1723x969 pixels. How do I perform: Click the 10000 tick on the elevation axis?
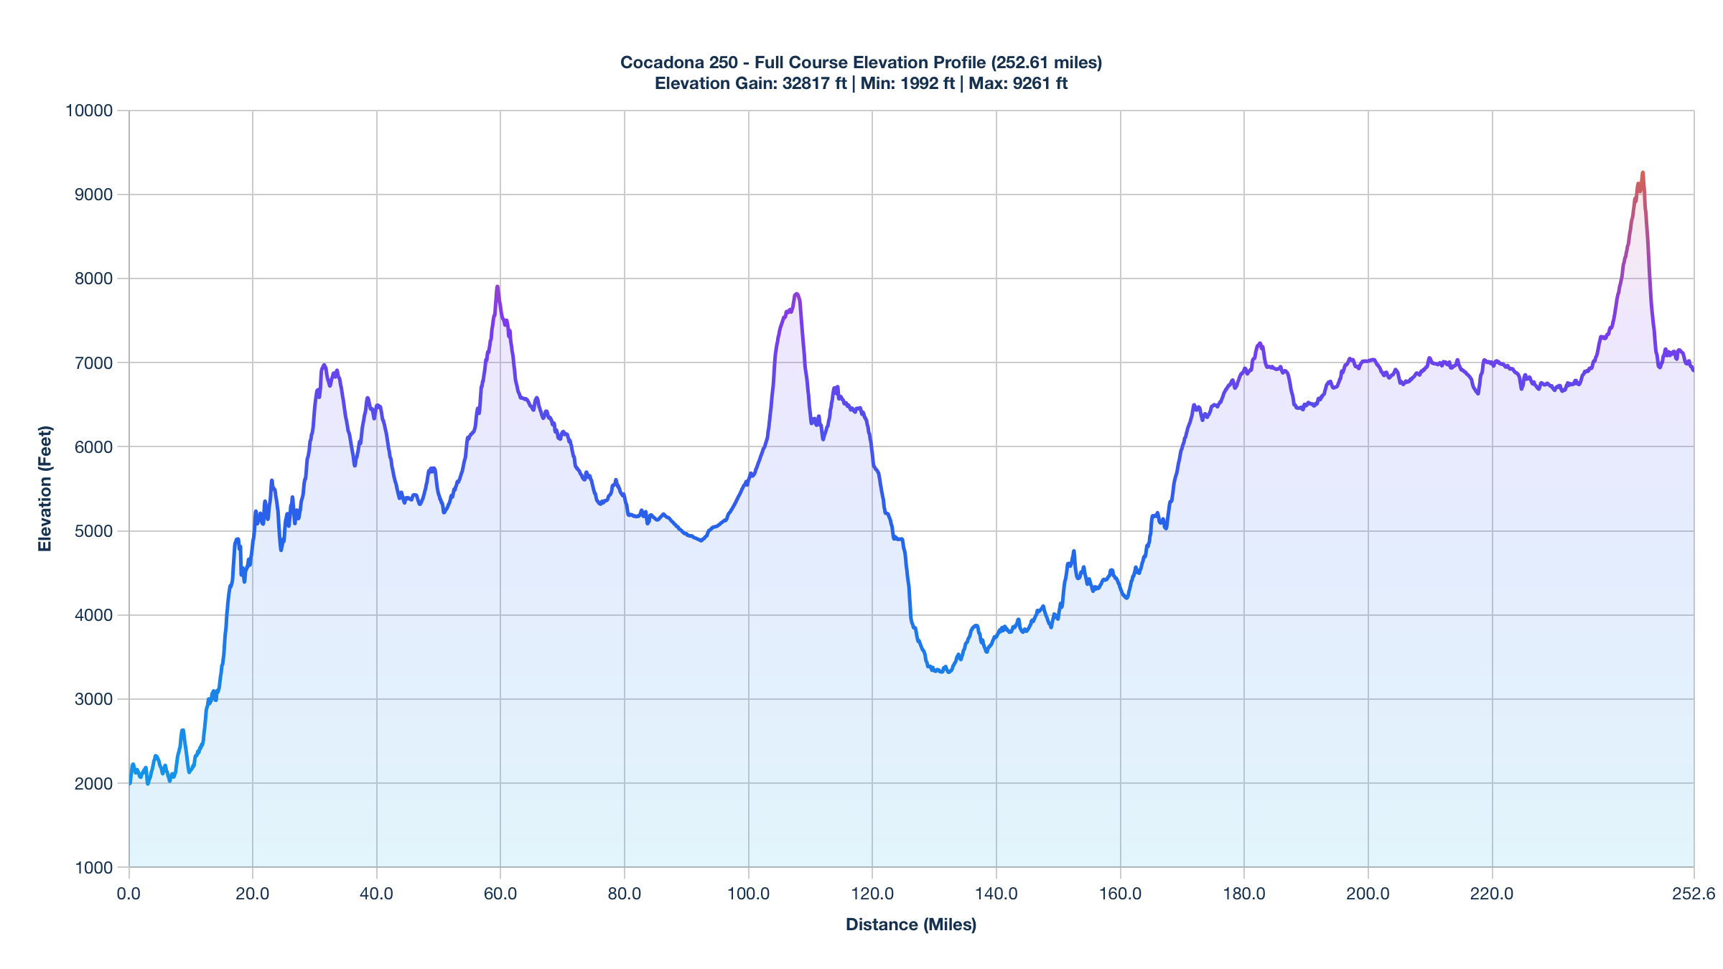tap(89, 111)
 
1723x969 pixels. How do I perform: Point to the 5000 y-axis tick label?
tap(93, 531)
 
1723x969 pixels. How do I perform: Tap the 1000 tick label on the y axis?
tap(93, 868)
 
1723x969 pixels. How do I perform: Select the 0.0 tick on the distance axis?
tap(129, 894)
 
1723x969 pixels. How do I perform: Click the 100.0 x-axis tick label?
tap(749, 894)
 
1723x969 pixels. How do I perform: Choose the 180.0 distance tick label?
tap(1244, 894)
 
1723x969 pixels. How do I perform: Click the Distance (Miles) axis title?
tap(911, 924)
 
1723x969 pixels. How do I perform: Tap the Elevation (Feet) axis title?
tap(45, 489)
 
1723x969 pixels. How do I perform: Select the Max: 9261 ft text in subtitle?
tap(1018, 83)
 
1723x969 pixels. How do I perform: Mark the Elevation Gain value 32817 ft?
tap(814, 83)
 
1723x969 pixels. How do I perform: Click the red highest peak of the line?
tap(1642, 173)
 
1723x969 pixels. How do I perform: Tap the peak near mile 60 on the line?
tap(497, 287)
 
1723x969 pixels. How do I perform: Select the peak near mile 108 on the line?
tap(796, 294)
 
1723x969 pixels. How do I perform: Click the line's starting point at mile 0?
tap(130, 782)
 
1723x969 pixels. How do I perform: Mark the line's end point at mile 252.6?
tap(1693, 370)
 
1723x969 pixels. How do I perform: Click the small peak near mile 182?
tap(1260, 344)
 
